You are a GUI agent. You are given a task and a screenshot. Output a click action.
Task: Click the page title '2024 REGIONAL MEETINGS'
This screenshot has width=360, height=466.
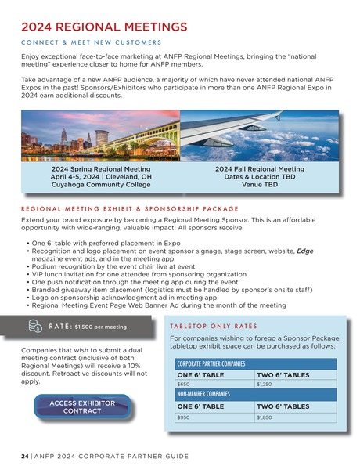click(104, 27)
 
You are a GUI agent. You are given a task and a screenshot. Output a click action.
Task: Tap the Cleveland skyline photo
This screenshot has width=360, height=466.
click(100, 135)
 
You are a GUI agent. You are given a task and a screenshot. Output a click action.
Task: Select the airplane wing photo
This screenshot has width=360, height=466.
click(259, 135)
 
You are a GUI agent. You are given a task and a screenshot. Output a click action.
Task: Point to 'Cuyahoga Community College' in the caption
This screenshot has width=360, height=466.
click(101, 186)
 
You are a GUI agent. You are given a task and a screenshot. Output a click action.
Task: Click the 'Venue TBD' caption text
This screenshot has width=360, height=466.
click(259, 186)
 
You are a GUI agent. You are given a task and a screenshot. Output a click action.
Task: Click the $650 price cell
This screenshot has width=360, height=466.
click(184, 385)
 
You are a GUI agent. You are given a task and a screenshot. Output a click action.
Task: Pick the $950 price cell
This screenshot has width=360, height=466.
click(184, 418)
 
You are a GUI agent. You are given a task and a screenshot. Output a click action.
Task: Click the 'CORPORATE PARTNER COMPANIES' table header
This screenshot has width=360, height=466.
click(211, 364)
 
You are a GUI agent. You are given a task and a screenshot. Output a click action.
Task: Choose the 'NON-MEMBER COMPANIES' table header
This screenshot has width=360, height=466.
click(202, 395)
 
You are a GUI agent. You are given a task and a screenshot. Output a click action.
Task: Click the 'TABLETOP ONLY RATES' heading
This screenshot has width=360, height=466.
click(213, 326)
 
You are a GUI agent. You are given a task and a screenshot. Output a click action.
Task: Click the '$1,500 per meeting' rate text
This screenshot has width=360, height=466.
click(100, 327)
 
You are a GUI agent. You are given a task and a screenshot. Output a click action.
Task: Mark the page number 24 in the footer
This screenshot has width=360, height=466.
click(24, 455)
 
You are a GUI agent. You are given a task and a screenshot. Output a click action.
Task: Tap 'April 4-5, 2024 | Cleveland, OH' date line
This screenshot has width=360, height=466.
click(101, 177)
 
